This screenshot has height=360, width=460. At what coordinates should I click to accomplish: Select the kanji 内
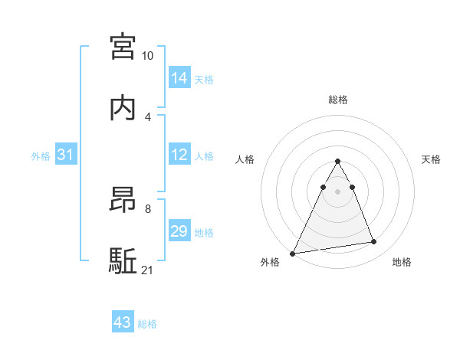click(x=123, y=106)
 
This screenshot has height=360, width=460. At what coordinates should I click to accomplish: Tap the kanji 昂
click(x=123, y=201)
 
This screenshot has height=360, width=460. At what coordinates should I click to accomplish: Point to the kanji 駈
click(x=123, y=260)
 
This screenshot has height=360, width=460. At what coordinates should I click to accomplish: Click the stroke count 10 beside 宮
click(x=148, y=57)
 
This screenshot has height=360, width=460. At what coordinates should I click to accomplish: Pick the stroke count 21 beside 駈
click(x=148, y=270)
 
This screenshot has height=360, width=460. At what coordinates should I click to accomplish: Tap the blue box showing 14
click(x=179, y=77)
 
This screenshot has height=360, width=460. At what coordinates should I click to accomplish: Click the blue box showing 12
click(x=179, y=155)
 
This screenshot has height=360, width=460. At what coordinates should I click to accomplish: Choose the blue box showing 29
click(x=179, y=231)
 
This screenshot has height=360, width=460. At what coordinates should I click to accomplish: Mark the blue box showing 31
click(x=65, y=155)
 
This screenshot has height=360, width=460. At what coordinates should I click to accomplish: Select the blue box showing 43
click(x=122, y=322)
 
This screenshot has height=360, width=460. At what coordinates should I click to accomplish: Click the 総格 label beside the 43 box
click(x=147, y=324)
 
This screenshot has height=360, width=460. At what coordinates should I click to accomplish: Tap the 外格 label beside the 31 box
click(x=41, y=156)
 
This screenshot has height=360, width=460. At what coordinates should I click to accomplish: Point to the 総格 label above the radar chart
click(x=337, y=100)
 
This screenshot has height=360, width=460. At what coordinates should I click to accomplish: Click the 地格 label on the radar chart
click(x=402, y=263)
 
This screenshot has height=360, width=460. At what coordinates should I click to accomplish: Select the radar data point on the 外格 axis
click(x=293, y=253)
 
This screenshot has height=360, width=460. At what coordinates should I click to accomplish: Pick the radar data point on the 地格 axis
click(x=373, y=242)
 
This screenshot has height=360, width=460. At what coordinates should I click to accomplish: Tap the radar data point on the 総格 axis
click(x=337, y=162)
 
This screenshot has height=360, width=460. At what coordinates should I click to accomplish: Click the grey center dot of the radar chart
click(x=337, y=191)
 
